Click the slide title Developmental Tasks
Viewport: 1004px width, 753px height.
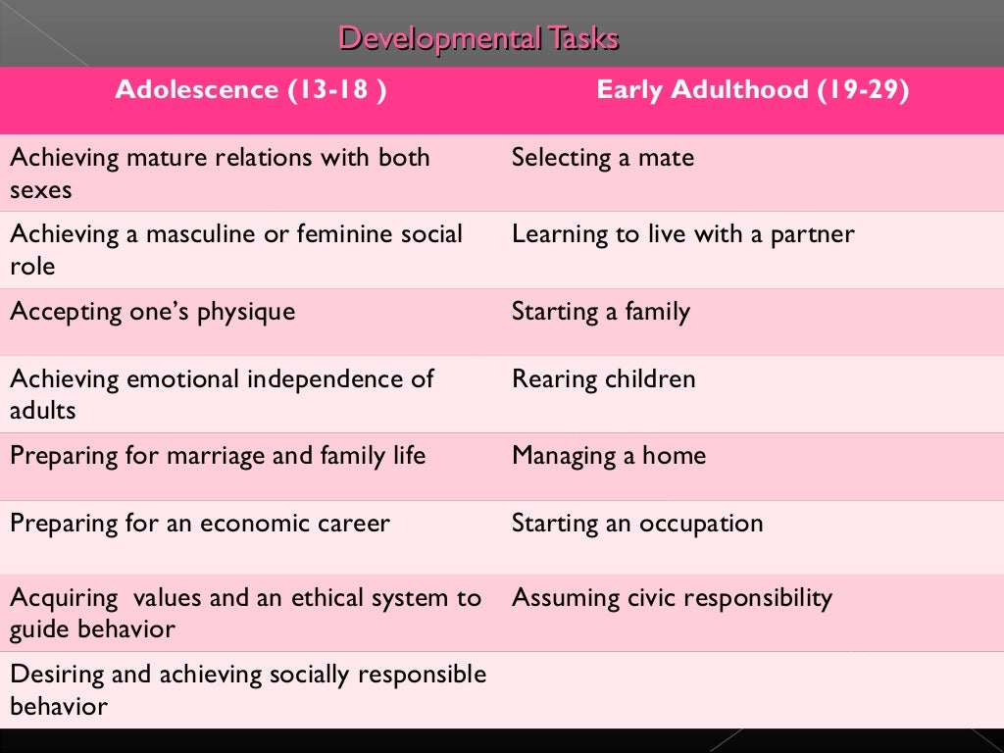point(477,38)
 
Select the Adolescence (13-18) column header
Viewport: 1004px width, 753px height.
point(250,90)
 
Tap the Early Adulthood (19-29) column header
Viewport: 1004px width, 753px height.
point(752,90)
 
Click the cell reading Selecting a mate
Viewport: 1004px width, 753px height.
point(602,158)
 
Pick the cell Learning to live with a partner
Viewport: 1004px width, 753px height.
point(682,234)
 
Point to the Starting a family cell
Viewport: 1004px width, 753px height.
point(600,312)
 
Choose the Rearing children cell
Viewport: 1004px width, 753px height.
point(603,379)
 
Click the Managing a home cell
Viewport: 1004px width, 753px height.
point(608,456)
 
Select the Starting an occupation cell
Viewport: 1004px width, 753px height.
point(636,523)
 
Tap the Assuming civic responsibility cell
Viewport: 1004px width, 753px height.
point(671,598)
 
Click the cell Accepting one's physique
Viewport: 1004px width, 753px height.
point(152,312)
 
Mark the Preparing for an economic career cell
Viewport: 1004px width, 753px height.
point(199,523)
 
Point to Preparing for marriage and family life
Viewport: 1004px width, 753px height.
point(218,456)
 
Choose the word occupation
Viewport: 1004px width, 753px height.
point(700,524)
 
